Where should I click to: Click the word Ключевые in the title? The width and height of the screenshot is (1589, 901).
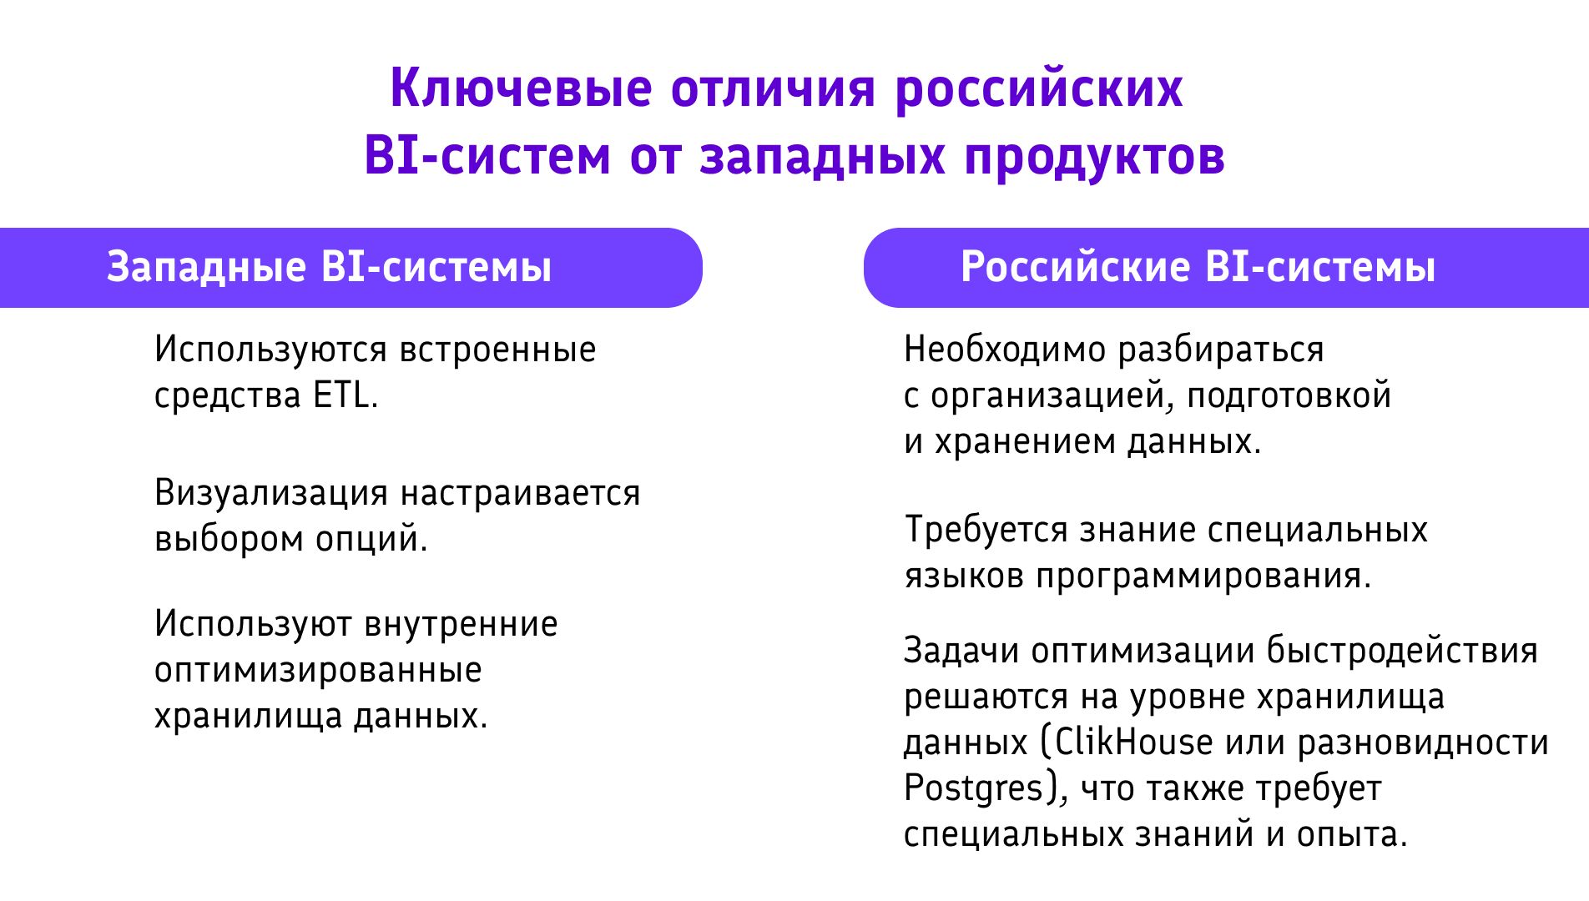click(x=521, y=88)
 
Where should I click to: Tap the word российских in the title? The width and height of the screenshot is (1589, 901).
click(x=1038, y=88)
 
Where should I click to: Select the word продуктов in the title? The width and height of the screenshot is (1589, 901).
click(x=1094, y=157)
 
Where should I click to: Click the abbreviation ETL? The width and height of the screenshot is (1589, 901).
click(x=345, y=395)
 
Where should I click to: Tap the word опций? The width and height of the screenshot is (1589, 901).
click(x=371, y=539)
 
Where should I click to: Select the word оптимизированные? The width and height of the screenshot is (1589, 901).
click(x=318, y=670)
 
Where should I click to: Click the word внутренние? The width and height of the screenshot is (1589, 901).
click(x=462, y=624)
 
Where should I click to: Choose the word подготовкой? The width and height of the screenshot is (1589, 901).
click(x=1289, y=395)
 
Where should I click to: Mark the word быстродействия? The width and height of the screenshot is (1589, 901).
click(x=1402, y=651)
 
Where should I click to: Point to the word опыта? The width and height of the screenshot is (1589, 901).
click(x=1351, y=834)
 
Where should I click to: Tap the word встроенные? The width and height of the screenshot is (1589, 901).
click(x=498, y=350)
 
